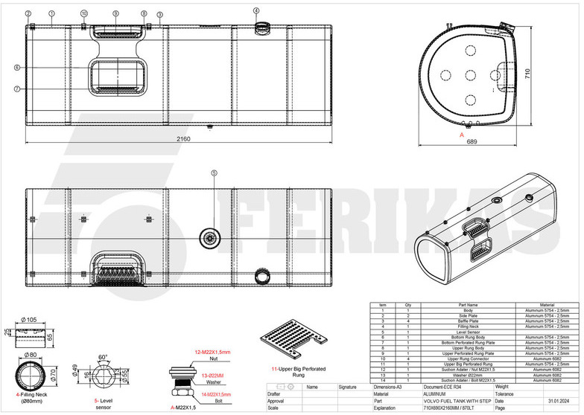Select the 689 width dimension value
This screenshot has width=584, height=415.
472,142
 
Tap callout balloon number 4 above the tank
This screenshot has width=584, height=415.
256,11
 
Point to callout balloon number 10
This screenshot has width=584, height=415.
83,13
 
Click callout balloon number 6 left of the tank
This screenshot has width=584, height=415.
16,68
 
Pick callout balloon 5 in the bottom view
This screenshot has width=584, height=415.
214,173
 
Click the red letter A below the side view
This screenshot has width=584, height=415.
462,135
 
